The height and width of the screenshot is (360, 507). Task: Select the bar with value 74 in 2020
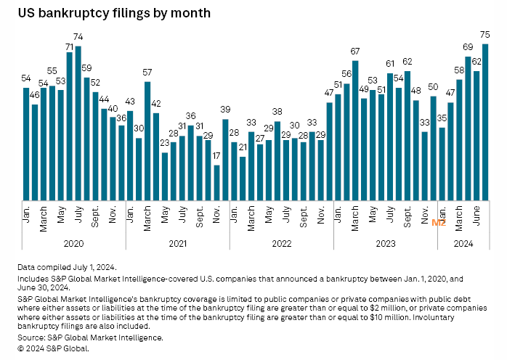78,123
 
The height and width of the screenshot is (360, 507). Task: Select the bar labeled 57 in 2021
147,141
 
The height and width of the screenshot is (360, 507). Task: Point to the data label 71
70,46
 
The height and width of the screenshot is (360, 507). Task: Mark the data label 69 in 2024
468,48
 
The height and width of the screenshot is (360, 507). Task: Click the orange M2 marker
439,223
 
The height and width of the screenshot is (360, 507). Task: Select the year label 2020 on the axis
74,245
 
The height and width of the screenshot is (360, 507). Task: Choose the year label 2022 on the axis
282,245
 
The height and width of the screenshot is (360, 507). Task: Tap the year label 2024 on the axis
463,245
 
